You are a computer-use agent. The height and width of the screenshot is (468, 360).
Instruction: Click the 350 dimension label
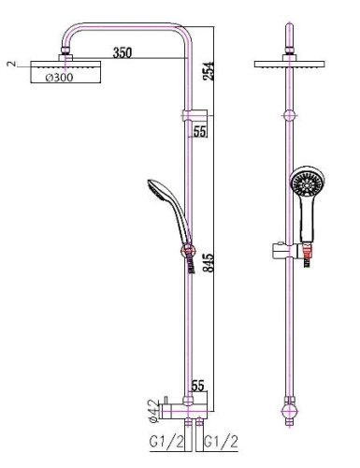point(122,52)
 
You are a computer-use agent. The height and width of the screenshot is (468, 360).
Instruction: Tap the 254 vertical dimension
point(209,71)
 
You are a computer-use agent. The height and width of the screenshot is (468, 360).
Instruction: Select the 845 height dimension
point(209,262)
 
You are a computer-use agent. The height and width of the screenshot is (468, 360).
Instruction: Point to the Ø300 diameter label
point(60,77)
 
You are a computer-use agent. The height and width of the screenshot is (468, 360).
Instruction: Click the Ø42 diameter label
point(154,412)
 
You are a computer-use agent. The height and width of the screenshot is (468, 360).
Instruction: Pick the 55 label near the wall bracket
point(200,132)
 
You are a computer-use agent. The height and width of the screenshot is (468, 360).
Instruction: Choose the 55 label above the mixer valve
point(198,386)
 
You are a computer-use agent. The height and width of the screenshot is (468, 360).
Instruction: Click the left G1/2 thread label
point(166,442)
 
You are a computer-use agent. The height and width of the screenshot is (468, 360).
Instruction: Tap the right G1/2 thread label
point(221,442)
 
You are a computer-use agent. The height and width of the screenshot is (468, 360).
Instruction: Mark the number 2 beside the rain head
point(11,64)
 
